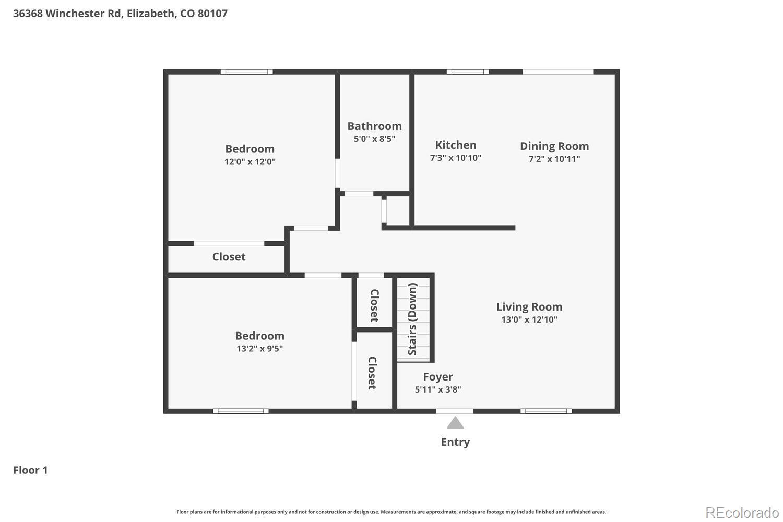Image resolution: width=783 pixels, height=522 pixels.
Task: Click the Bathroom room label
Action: pyautogui.click(x=374, y=126)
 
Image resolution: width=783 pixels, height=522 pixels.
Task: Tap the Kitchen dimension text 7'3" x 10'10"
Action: pyautogui.click(x=455, y=158)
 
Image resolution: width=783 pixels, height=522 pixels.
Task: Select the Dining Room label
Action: pyautogui.click(x=554, y=146)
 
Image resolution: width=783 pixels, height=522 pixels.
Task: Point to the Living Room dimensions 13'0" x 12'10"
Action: pyautogui.click(x=529, y=319)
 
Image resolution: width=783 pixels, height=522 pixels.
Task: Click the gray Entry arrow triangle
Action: pyautogui.click(x=455, y=423)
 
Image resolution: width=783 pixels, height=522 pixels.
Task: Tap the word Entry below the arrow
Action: pyautogui.click(x=455, y=442)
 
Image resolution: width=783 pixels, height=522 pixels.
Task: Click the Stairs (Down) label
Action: pyautogui.click(x=412, y=319)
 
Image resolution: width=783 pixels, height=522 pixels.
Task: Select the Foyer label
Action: pyautogui.click(x=437, y=377)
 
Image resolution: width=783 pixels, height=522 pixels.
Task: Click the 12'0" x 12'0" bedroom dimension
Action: pyautogui.click(x=250, y=162)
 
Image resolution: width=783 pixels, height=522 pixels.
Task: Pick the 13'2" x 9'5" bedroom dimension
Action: pyautogui.click(x=259, y=349)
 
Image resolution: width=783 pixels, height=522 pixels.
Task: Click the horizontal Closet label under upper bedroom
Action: pyautogui.click(x=229, y=257)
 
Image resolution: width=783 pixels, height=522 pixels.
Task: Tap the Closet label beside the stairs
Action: pyautogui.click(x=374, y=305)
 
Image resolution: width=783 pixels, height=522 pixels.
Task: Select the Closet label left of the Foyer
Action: pyautogui.click(x=372, y=373)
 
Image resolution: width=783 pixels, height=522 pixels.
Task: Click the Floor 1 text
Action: pyautogui.click(x=30, y=470)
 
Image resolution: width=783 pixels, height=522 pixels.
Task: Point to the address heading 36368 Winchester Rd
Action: pyautogui.click(x=120, y=14)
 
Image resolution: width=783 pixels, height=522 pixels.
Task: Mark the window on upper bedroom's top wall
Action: pyautogui.click(x=246, y=72)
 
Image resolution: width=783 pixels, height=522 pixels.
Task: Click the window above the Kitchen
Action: pyautogui.click(x=467, y=72)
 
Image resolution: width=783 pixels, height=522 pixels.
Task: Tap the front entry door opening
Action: pyautogui.click(x=455, y=411)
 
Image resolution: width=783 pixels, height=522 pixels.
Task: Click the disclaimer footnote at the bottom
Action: pyautogui.click(x=391, y=512)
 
